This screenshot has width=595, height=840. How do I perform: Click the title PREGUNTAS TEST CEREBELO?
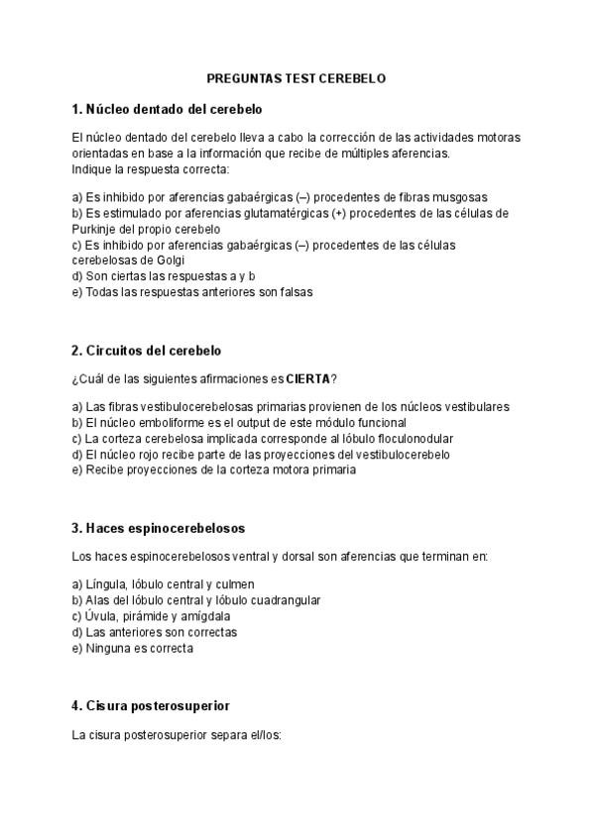pos(297,76)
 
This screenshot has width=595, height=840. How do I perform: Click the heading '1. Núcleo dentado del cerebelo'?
pos(167,108)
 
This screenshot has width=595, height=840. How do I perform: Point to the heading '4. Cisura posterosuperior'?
pos(151,706)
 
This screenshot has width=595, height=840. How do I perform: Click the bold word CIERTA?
pos(308,378)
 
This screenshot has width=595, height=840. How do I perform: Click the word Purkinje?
pos(95,229)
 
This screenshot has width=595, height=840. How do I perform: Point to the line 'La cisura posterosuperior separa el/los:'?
pos(178,736)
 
